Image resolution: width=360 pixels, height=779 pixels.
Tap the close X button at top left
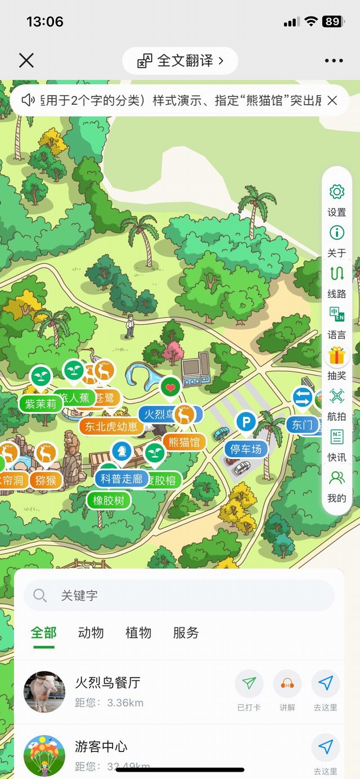coord(26,60)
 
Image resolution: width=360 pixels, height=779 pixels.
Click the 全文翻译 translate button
coord(180,61)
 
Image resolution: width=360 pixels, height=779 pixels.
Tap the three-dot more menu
coord(334,61)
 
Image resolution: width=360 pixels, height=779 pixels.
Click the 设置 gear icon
coord(336,192)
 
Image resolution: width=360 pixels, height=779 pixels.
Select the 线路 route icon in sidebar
coord(336,274)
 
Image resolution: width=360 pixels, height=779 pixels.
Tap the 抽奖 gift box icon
coord(336,355)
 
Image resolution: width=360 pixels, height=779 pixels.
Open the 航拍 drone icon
coord(336,396)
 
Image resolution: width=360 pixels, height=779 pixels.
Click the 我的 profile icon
coord(336,478)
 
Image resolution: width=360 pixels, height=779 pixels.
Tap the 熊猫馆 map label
coord(184,442)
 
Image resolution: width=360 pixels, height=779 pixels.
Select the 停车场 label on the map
coord(246,449)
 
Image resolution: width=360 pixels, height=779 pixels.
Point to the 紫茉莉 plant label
coord(40,403)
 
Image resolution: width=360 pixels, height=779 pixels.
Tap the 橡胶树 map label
coord(109,500)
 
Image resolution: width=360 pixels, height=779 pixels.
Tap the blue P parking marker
coord(245,422)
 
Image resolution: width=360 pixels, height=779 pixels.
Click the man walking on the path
coord(130,326)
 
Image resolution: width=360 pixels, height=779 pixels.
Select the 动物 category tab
coord(91,633)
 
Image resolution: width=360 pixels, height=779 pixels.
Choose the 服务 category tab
coord(186,633)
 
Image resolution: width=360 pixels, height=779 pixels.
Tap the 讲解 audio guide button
coord(287,684)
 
